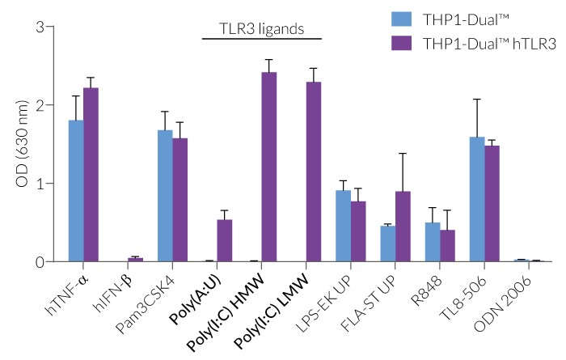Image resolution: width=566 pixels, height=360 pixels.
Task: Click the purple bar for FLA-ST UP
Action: tap(403, 227)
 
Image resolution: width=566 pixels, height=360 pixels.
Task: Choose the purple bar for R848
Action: tap(447, 246)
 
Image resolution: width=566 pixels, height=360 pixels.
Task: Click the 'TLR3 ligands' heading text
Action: tap(261, 29)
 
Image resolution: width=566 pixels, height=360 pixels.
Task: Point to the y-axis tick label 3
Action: tap(40, 28)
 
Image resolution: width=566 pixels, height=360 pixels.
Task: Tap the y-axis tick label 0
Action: tap(40, 262)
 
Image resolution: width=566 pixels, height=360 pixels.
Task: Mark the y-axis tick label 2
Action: tap(40, 105)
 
